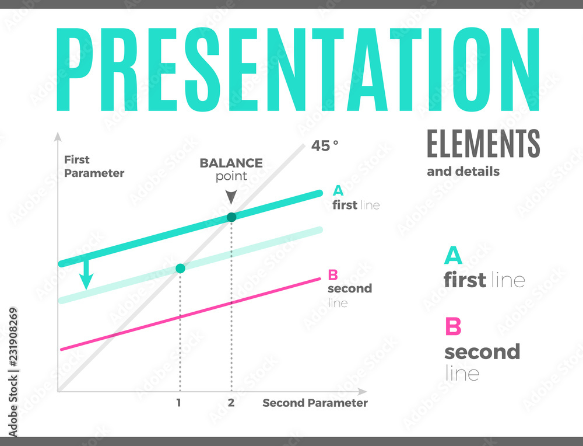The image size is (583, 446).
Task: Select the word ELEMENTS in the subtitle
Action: pos(483,144)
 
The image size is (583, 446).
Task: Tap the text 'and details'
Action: pos(463,172)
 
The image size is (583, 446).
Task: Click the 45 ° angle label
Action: pos(325,146)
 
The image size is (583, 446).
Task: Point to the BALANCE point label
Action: pos(231,169)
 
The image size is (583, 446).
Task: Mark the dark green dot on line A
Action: pos(231,217)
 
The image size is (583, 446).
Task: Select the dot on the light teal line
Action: pos(180,269)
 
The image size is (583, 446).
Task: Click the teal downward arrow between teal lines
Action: pos(86,276)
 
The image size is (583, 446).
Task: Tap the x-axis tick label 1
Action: pos(179,403)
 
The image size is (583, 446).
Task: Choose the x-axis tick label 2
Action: pos(231,403)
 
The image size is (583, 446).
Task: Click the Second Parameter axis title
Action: pos(315,403)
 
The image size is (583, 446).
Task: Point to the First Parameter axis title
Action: pos(93,166)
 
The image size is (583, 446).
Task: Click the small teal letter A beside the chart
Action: pos(338,190)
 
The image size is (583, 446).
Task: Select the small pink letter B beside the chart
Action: pos(333,274)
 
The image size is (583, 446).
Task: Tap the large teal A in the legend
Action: pos(454,256)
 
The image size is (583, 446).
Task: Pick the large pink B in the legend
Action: pos(453,327)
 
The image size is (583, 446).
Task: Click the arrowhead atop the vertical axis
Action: pos(57,138)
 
